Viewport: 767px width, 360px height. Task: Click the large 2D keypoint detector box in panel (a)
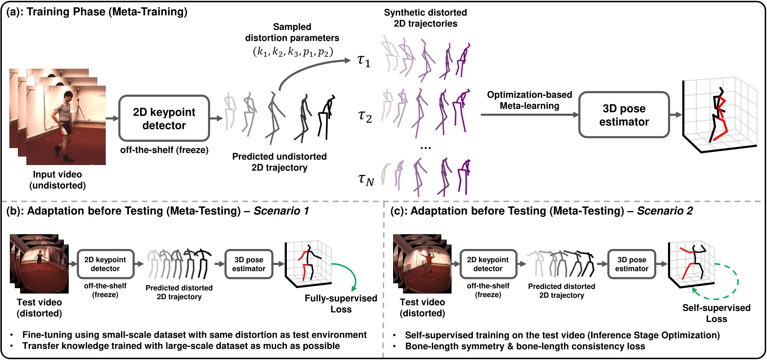(164, 119)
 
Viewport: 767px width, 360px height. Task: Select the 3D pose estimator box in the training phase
(624, 115)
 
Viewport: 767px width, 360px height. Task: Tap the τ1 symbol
(364, 61)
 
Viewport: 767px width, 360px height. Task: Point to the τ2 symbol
(365, 116)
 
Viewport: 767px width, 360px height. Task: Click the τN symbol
(366, 179)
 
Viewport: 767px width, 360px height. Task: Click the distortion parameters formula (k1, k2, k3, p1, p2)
(293, 51)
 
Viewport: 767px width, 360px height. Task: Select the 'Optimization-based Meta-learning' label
(529, 100)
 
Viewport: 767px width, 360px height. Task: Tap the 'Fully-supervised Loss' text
(341, 303)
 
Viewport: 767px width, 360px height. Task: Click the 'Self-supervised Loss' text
(716, 313)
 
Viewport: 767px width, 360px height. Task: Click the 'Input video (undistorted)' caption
(58, 180)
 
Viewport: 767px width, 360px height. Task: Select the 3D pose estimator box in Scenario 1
(249, 264)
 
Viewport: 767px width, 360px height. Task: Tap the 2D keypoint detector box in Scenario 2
(488, 264)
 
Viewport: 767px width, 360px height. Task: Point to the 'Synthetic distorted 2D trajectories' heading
(425, 18)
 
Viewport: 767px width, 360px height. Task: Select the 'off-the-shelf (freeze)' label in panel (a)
(164, 150)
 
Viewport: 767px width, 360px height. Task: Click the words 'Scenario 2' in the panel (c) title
(665, 211)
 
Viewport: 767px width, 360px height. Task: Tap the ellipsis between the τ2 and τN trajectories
(425, 148)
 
